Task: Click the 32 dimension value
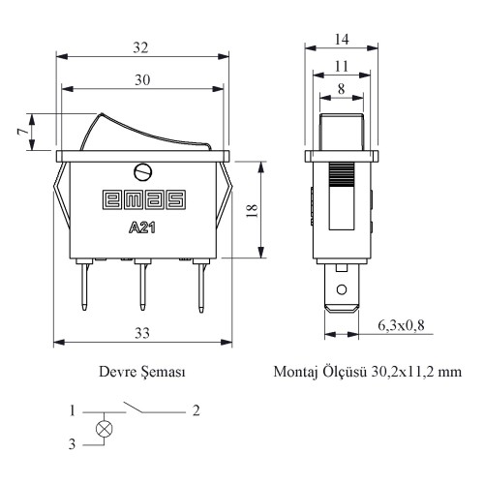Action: (x=140, y=47)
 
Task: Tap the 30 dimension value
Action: (x=142, y=79)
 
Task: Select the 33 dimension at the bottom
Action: (x=142, y=333)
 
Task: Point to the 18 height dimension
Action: (x=252, y=210)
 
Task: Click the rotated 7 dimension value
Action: (x=22, y=132)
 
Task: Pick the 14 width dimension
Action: (x=342, y=40)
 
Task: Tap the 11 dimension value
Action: (x=342, y=67)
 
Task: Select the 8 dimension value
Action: (x=341, y=89)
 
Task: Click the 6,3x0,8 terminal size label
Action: (x=401, y=325)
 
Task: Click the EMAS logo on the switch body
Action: (x=144, y=199)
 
